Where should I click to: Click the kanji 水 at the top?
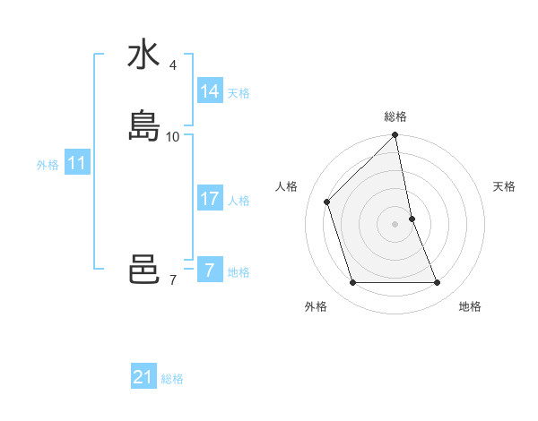143,55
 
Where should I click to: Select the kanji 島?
143,125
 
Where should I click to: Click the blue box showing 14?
209,91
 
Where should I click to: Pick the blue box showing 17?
209,199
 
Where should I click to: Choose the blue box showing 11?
76,164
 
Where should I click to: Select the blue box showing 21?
143,377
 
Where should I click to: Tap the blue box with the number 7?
209,271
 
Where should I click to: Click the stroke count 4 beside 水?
173,65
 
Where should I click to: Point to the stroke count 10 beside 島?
173,137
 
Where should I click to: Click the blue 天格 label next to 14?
239,93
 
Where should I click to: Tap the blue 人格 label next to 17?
239,201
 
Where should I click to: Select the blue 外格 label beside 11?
48,165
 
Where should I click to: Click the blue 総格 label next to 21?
172,379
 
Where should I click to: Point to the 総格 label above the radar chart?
395,116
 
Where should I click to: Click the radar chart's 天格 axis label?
505,186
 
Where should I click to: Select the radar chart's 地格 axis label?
470,306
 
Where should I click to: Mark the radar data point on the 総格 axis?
395,135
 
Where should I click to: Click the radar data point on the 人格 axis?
327,202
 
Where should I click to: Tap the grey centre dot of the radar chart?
395,223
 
